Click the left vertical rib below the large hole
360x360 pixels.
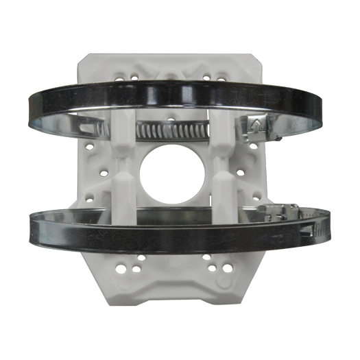[x=126, y=195]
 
